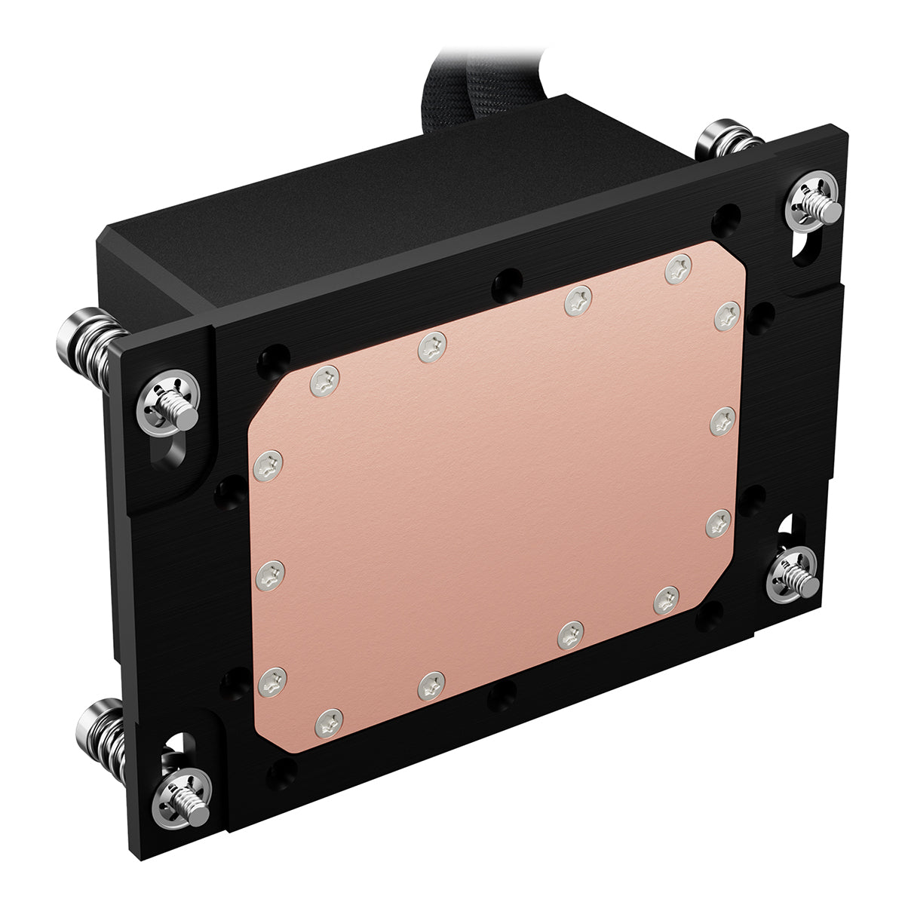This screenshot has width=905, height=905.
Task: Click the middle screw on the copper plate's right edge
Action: [724, 419]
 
